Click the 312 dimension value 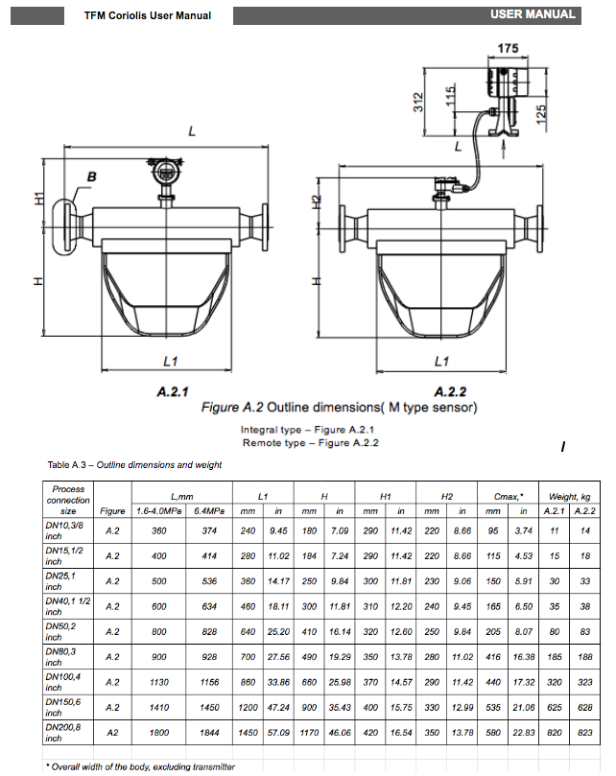[x=418, y=103]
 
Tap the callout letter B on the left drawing [x=92, y=177]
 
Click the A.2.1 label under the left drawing [x=173, y=391]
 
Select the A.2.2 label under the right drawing [x=451, y=391]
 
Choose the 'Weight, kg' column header [x=570, y=496]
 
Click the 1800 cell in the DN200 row [x=159, y=732]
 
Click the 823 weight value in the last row [x=584, y=732]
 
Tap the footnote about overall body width [x=140, y=766]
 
